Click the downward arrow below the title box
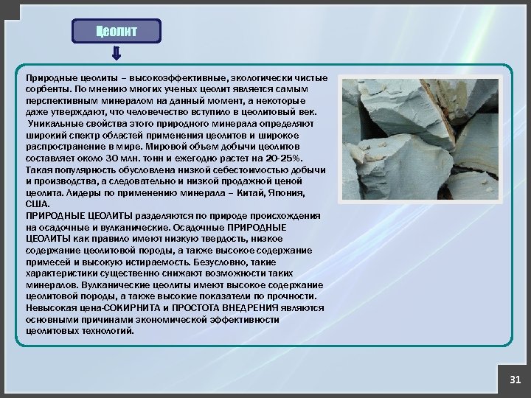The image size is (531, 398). (x=117, y=55)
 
